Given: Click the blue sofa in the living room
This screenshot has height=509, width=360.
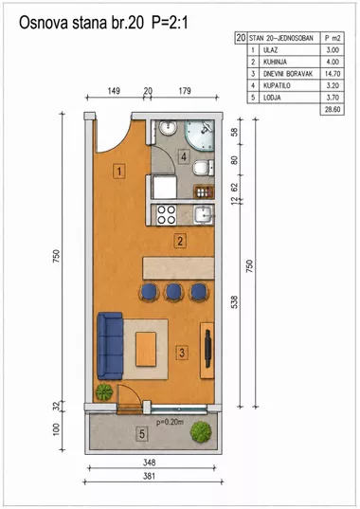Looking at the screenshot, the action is coord(110,346).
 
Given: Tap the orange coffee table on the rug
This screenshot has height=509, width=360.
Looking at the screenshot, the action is coord(146,349).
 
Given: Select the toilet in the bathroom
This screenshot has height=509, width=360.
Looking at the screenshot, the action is coord(204,168).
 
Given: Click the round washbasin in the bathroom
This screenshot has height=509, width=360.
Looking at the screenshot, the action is coord(168,127).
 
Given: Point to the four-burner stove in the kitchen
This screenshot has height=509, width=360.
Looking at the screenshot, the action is coord(167,215).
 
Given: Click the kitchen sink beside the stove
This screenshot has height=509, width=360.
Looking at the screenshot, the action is coord(204,214).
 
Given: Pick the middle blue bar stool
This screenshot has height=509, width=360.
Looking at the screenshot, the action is coord(173,292).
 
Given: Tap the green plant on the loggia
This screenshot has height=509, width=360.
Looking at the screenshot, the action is coord(201,431).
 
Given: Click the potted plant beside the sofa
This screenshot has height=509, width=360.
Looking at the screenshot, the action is coord(104,391).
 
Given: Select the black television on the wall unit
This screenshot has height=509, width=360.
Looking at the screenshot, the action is coord(208,349).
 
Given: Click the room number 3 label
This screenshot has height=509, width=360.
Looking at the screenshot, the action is coord(182,353).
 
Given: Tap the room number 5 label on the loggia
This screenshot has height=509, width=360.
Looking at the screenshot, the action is coord(142,434).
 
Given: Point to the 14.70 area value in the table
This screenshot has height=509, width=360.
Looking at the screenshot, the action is coord(333,74).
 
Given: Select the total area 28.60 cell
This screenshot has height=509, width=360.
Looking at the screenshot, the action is coord(333,109).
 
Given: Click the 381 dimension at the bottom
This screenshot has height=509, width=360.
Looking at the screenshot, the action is coord(149,476).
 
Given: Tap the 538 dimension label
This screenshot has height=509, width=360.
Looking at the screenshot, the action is coord(235,301).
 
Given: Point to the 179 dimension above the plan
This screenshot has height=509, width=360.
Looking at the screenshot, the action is coord(185,91).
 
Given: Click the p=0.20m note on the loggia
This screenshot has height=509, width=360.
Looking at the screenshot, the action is coord(170,423).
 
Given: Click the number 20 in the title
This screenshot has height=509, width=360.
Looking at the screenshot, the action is coord(135,24).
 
